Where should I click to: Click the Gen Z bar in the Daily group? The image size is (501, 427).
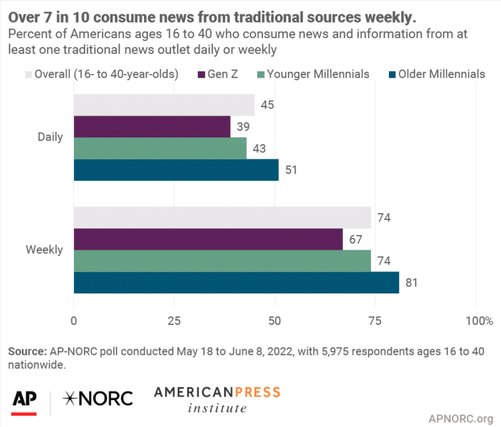pos(152,127)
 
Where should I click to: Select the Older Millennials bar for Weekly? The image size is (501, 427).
pos(236,282)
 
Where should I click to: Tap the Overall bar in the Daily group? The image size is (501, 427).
pos(164,105)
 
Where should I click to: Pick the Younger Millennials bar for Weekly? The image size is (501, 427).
pos(222,261)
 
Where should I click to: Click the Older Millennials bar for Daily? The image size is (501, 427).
pos(176,170)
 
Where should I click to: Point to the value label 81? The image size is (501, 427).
pos(411,283)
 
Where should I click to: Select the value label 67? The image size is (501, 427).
pos(354,240)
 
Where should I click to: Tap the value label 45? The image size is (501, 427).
pos(266,105)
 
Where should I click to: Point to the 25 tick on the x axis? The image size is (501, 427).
pos(174,321)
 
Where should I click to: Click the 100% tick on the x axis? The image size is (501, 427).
pos(478,321)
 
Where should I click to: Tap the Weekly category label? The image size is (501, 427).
pos(44,250)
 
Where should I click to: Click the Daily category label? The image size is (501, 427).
pos(50,137)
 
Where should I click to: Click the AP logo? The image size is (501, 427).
pos(24,399)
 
